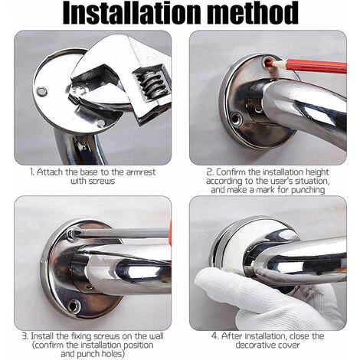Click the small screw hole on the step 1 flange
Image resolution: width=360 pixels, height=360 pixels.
coord(42,91)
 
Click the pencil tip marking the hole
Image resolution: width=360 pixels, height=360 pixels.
coord(270,62)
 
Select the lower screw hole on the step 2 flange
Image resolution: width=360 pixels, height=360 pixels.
coord(236,119)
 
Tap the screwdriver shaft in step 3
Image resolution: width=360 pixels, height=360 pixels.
coord(123,234)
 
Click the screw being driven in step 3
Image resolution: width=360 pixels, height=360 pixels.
coord(73,234)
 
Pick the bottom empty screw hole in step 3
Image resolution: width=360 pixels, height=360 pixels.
coord(74,306)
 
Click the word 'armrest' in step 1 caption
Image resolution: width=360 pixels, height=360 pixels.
coord(141,172)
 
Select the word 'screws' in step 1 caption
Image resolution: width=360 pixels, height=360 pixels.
coord(102,182)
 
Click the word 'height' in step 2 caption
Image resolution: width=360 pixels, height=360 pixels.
coord(317,172)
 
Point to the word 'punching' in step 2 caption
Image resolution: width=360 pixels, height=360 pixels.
coord(308,190)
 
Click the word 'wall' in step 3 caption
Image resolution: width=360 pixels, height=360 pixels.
coord(155,335)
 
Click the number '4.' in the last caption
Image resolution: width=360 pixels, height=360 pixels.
coord(215,336)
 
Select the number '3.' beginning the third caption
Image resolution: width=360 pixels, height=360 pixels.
coord(25,335)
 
